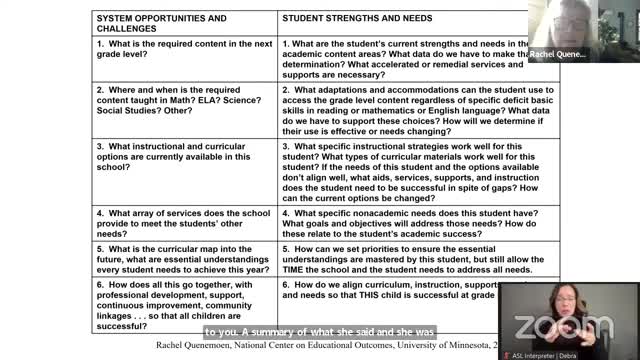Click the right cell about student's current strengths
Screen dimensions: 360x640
(410, 59)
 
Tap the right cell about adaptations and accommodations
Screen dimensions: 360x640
(410, 109)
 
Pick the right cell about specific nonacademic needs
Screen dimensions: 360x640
(410, 226)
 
